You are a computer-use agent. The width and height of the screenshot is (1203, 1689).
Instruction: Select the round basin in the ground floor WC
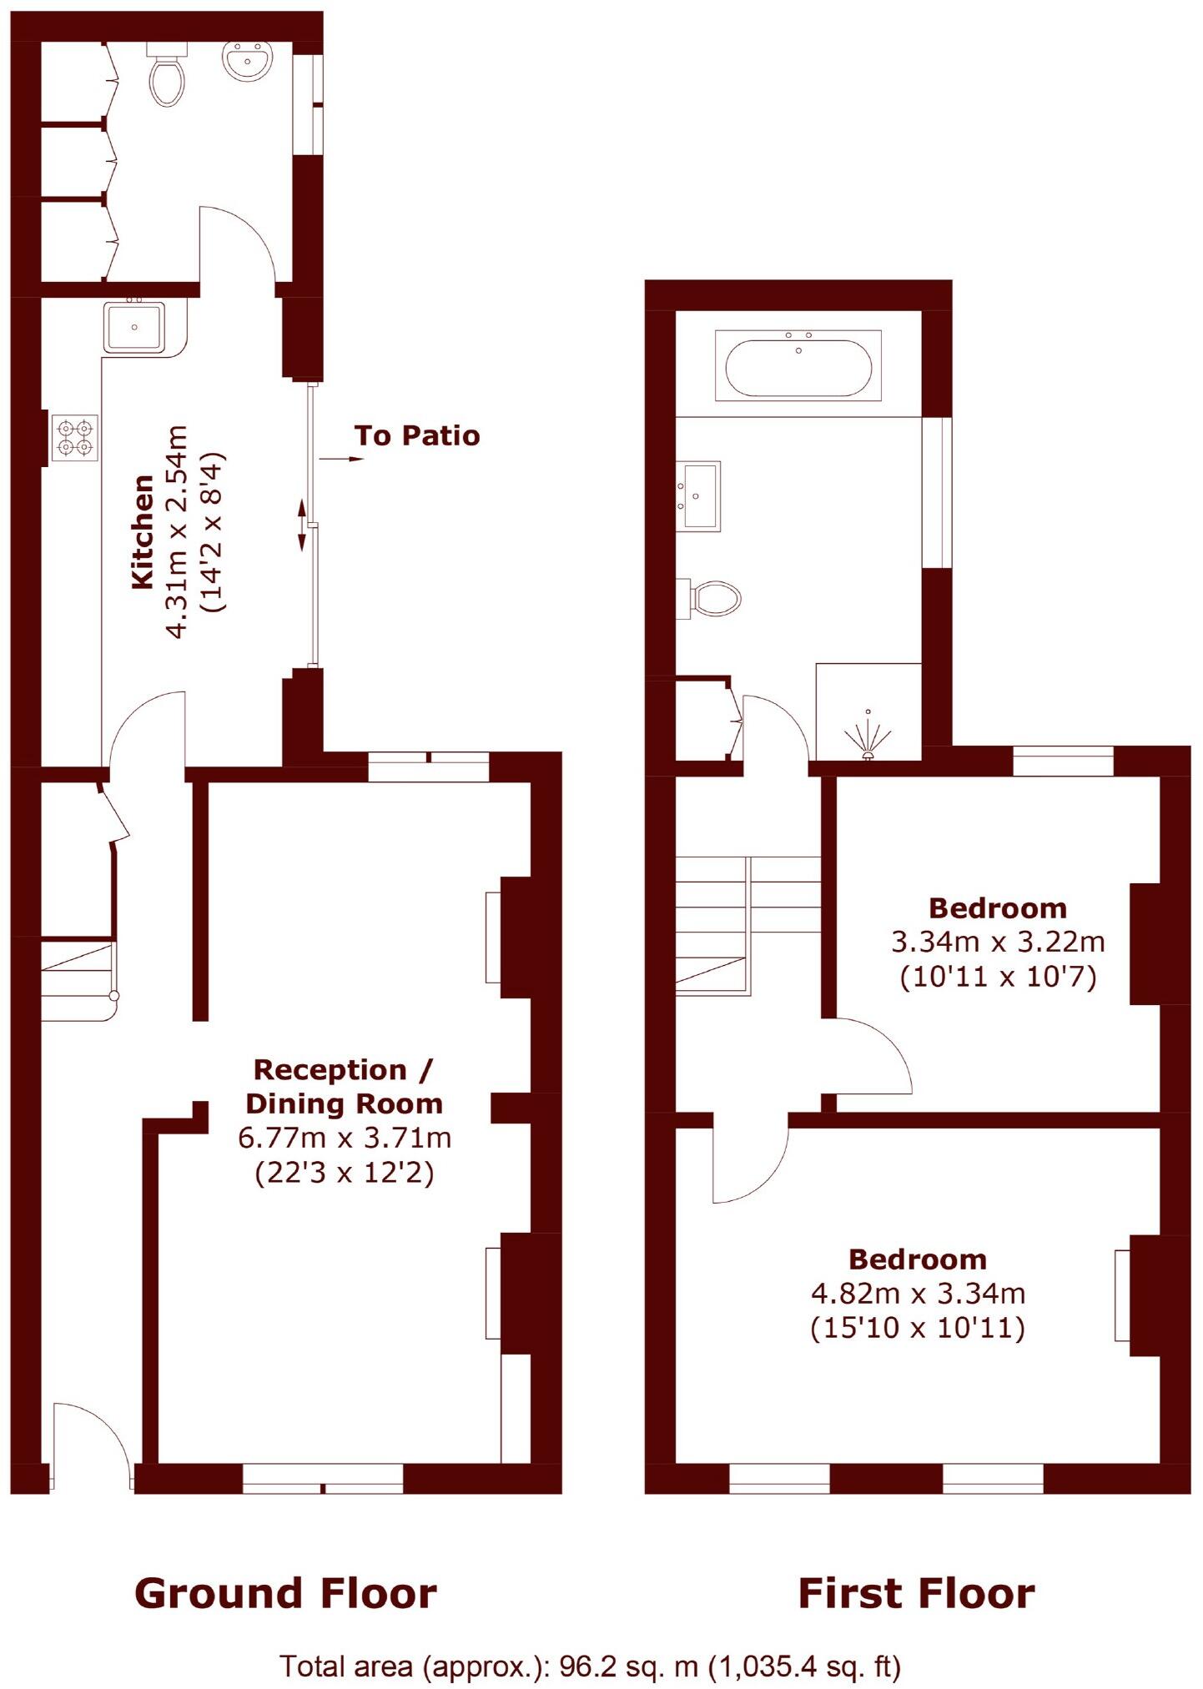click(247, 61)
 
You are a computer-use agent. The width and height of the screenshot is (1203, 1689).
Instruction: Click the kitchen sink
click(134, 327)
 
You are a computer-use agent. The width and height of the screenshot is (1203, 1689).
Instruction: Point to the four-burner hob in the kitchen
click(74, 439)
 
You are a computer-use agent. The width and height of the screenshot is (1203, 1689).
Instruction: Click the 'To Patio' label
click(416, 435)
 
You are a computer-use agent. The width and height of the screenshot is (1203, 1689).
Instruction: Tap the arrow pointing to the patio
click(341, 459)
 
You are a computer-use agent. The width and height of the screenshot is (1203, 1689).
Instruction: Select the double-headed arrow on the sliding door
click(302, 525)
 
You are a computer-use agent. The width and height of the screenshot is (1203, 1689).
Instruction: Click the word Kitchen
click(143, 531)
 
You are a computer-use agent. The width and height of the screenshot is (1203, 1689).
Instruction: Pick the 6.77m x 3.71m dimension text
click(344, 1138)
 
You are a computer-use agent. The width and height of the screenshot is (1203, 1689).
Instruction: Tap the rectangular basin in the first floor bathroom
click(699, 495)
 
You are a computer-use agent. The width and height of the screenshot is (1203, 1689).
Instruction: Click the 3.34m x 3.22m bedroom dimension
click(998, 943)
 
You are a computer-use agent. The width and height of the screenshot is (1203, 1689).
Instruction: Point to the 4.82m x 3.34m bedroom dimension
click(918, 1294)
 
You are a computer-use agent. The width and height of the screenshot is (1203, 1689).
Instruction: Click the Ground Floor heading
click(285, 1593)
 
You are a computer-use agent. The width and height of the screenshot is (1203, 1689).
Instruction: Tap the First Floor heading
click(916, 1593)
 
